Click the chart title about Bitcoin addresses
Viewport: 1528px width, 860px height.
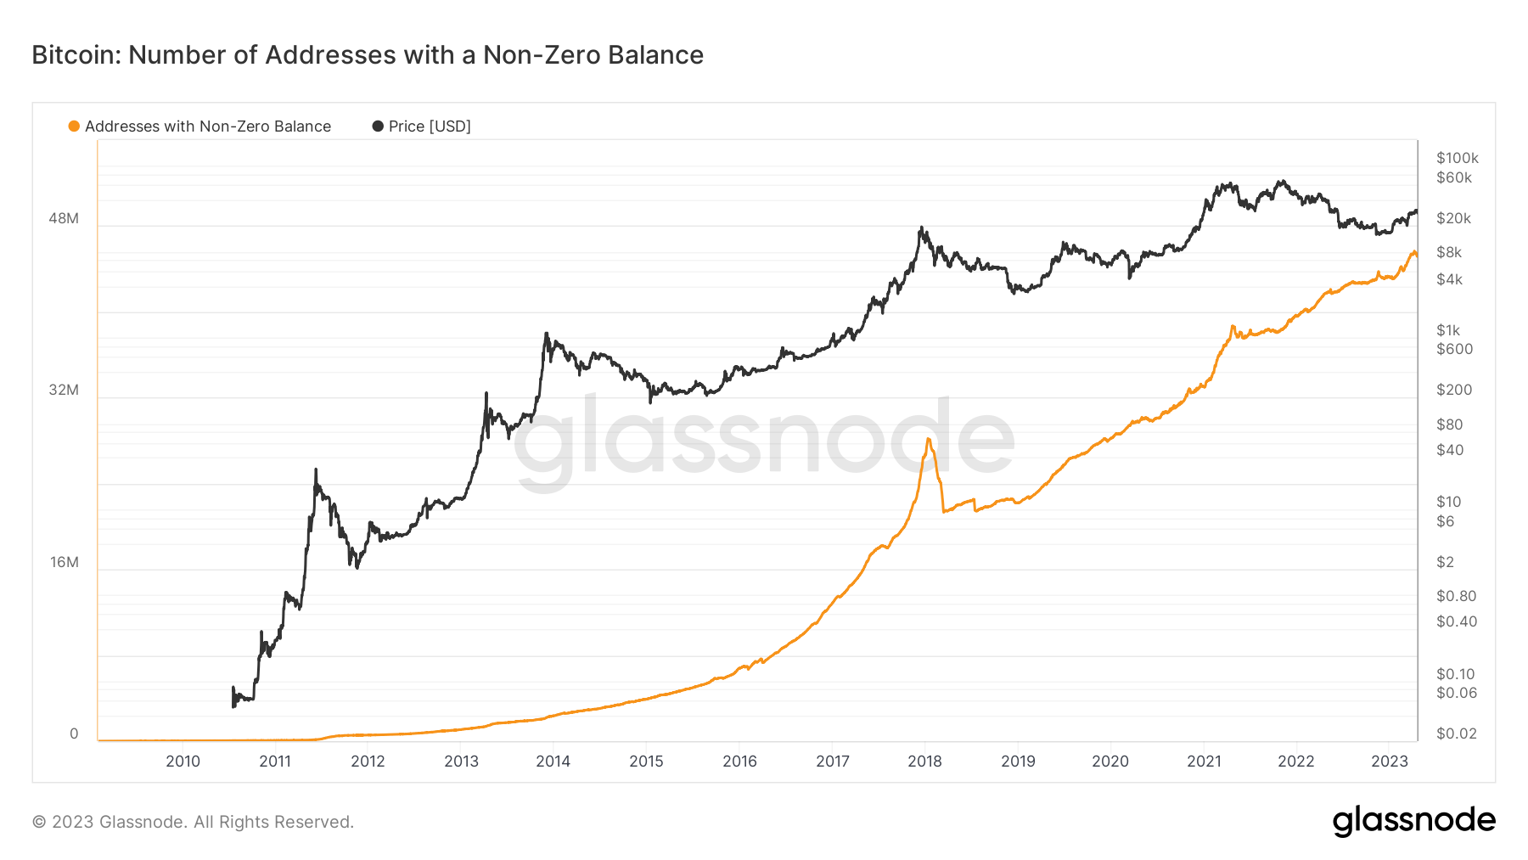[367, 55]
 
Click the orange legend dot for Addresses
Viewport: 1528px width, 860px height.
[74, 126]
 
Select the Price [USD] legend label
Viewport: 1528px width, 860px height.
[429, 126]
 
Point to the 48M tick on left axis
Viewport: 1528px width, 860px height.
[64, 218]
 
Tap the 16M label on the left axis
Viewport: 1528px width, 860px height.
[65, 562]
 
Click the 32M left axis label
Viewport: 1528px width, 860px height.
[64, 390]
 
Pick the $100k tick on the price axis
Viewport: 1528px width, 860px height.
[1457, 158]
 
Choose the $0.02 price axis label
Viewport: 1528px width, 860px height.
[1456, 734]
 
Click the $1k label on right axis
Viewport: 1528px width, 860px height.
[1448, 330]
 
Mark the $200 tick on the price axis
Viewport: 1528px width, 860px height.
[1454, 390]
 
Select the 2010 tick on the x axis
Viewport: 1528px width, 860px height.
[183, 762]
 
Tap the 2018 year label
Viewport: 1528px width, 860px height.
[924, 762]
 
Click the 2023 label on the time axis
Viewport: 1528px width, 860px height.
[1389, 762]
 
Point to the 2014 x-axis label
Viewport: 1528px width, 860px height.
[553, 762]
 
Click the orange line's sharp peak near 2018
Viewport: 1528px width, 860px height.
[929, 439]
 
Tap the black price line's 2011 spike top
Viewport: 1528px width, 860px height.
[316, 469]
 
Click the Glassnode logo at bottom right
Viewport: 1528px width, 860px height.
[1413, 821]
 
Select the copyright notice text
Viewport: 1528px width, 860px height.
[193, 822]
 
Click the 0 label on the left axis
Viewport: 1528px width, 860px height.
[74, 734]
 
